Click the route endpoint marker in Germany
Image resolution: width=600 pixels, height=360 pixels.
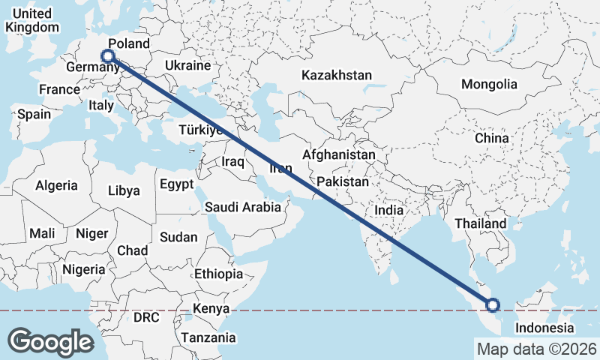click(108, 55)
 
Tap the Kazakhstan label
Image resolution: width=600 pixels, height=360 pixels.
click(337, 76)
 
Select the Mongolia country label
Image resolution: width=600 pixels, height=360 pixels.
click(489, 85)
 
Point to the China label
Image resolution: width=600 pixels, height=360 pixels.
click(491, 139)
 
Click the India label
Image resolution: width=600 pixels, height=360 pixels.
click(388, 211)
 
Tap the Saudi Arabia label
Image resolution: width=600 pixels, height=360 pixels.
click(243, 207)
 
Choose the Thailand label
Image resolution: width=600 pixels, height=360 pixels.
click(480, 223)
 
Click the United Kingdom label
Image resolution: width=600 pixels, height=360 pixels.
click(31, 20)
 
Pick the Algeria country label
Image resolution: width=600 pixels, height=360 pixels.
click(57, 185)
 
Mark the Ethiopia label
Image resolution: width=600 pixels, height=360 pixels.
click(218, 274)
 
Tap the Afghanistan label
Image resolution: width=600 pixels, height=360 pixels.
click(338, 154)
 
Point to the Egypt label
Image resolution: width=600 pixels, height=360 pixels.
click(176, 184)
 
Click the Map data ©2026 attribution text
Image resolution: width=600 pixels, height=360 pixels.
click(536, 349)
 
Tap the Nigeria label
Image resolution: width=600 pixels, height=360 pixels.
click(83, 269)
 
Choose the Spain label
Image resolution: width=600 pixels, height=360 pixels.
click(34, 115)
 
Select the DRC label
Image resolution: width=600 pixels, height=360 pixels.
click(146, 317)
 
